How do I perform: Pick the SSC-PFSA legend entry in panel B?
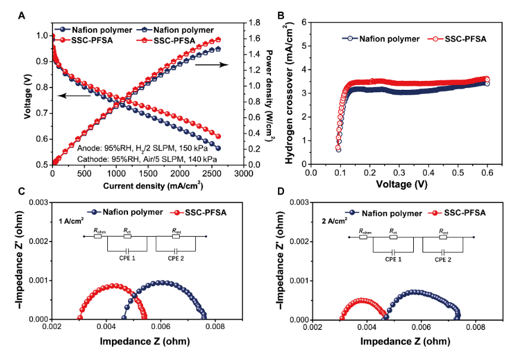(x=458, y=39)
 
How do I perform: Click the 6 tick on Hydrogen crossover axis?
(x=303, y=22)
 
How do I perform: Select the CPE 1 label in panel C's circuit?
(x=126, y=259)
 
